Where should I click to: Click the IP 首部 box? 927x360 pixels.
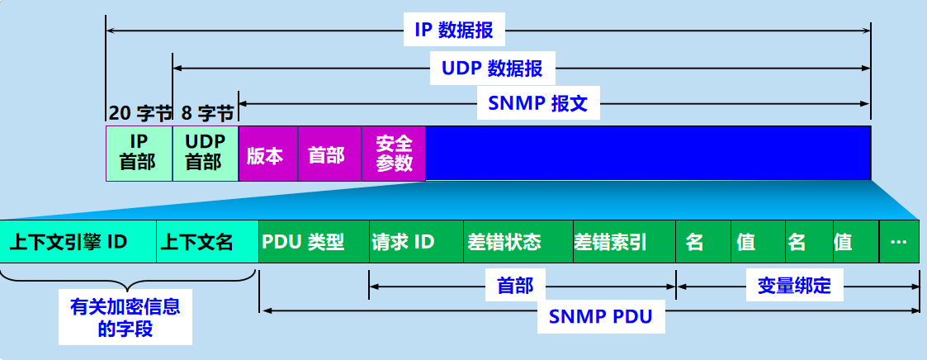tap(139, 153)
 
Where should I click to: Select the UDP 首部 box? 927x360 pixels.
tap(205, 153)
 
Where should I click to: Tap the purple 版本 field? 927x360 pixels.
tap(267, 154)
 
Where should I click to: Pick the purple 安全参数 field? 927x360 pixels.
tap(393, 154)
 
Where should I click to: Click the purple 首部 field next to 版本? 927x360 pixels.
tap(329, 154)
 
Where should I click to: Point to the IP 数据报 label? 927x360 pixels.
tap(453, 31)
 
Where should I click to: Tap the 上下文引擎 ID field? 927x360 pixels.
tap(78, 243)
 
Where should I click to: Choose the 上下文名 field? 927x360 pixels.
tap(206, 243)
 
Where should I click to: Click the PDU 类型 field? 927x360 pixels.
tap(314, 243)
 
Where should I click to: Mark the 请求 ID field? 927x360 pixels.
tap(416, 243)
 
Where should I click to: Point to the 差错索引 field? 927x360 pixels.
tap(623, 243)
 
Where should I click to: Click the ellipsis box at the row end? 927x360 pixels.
tap(899, 243)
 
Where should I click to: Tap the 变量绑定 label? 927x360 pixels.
tap(794, 287)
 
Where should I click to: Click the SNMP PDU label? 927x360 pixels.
tap(600, 316)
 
